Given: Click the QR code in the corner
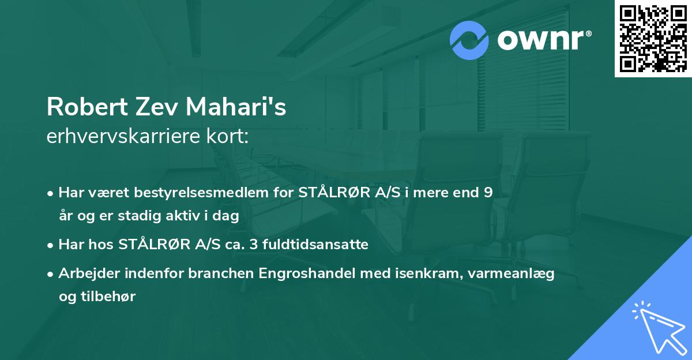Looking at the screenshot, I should point(653,39).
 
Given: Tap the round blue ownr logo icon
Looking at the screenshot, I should point(469,40).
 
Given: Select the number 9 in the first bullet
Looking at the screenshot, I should point(488,193).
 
